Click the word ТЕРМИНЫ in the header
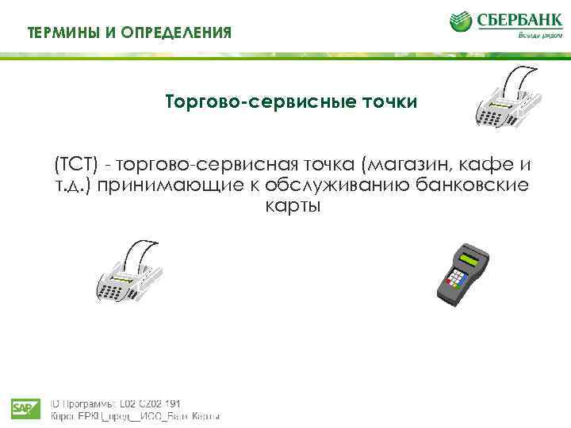point(61,32)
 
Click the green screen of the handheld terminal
point(473,259)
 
